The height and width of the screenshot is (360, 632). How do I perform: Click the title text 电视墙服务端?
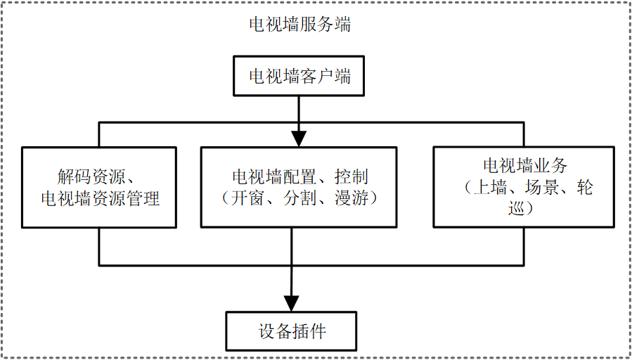click(x=300, y=25)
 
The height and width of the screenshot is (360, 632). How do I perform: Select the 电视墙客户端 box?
click(x=300, y=77)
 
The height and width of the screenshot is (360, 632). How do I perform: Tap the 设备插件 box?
click(x=292, y=330)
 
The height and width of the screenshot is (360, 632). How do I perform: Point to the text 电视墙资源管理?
click(x=101, y=199)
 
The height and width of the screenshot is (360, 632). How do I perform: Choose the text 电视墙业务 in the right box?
click(x=524, y=166)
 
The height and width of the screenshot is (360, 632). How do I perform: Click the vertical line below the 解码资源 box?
click(x=98, y=246)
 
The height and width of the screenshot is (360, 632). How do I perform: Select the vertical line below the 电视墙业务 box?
click(x=524, y=246)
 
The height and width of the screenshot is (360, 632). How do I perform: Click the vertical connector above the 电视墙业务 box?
click(x=524, y=135)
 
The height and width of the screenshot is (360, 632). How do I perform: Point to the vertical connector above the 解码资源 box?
click(x=98, y=135)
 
